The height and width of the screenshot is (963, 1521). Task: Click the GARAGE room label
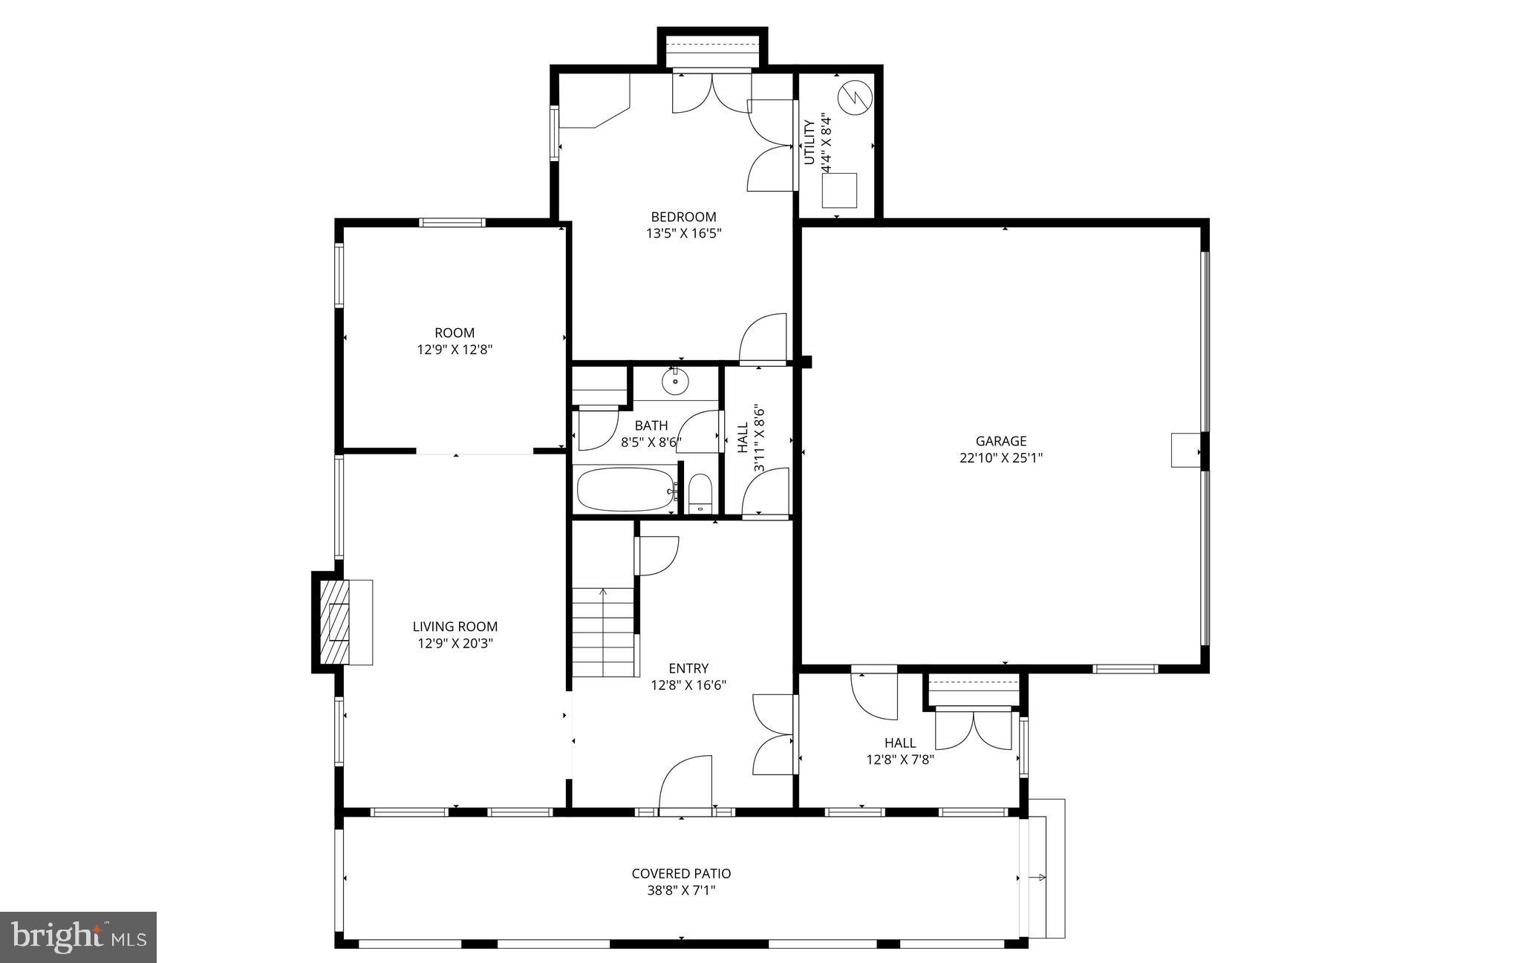[x=1000, y=441]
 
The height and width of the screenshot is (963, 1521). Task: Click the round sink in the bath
[x=675, y=382]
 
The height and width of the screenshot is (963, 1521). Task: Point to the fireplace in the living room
[x=341, y=622]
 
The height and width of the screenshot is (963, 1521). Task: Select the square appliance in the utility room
[x=839, y=190]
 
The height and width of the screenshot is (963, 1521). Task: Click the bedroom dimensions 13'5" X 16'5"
[x=683, y=233]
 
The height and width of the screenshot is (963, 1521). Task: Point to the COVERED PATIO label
[x=681, y=874]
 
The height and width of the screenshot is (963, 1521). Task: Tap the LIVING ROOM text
[x=455, y=627]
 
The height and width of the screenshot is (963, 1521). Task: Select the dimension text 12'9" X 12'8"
[x=455, y=349]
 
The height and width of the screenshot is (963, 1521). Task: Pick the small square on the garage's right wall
[x=1185, y=450]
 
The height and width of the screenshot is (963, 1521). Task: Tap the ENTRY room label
[x=688, y=668]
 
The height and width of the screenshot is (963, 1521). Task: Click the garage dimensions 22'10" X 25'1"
[x=1000, y=458]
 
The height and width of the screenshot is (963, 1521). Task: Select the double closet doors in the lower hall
[x=973, y=729]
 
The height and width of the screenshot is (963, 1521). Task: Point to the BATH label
[x=651, y=425]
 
